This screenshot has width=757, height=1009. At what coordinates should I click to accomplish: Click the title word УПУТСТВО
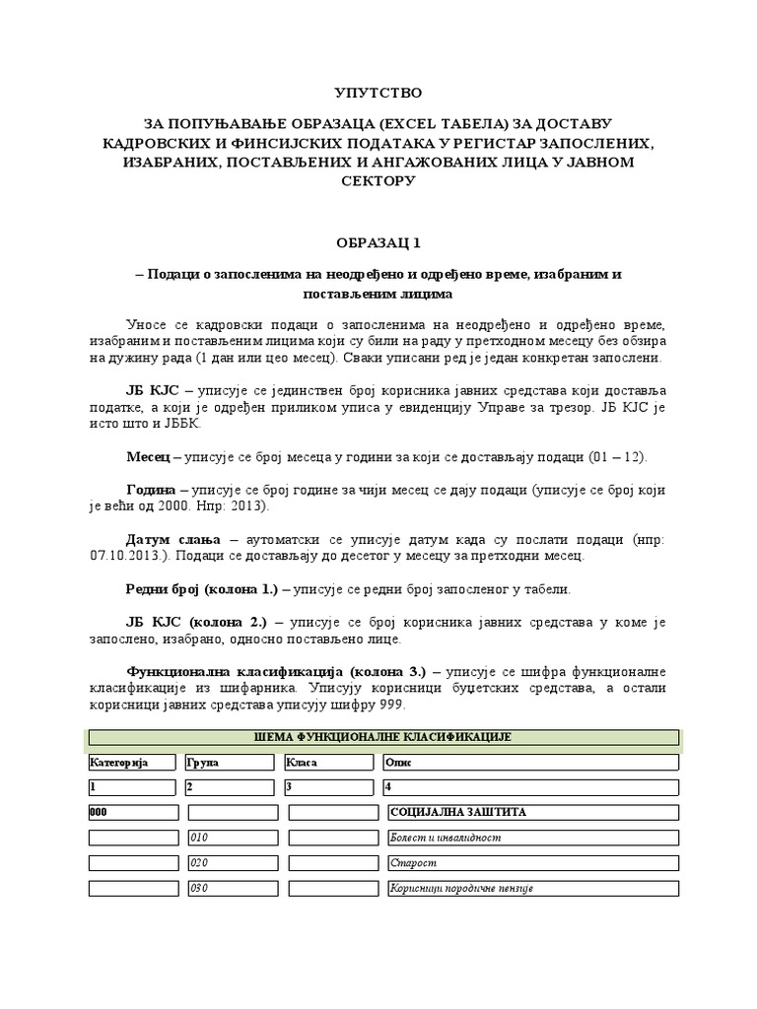(378, 93)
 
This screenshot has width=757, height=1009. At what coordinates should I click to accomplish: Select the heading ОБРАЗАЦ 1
(378, 241)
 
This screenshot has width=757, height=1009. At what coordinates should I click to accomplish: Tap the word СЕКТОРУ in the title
(378, 181)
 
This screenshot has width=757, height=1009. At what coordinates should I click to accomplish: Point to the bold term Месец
(148, 459)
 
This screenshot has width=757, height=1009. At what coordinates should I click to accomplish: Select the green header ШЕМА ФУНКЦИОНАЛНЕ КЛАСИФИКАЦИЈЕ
(383, 737)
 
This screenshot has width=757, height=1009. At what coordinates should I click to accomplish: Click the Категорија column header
(118, 763)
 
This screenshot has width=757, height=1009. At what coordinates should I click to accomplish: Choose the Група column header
(203, 763)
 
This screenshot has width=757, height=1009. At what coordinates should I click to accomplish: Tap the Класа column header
(302, 763)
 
